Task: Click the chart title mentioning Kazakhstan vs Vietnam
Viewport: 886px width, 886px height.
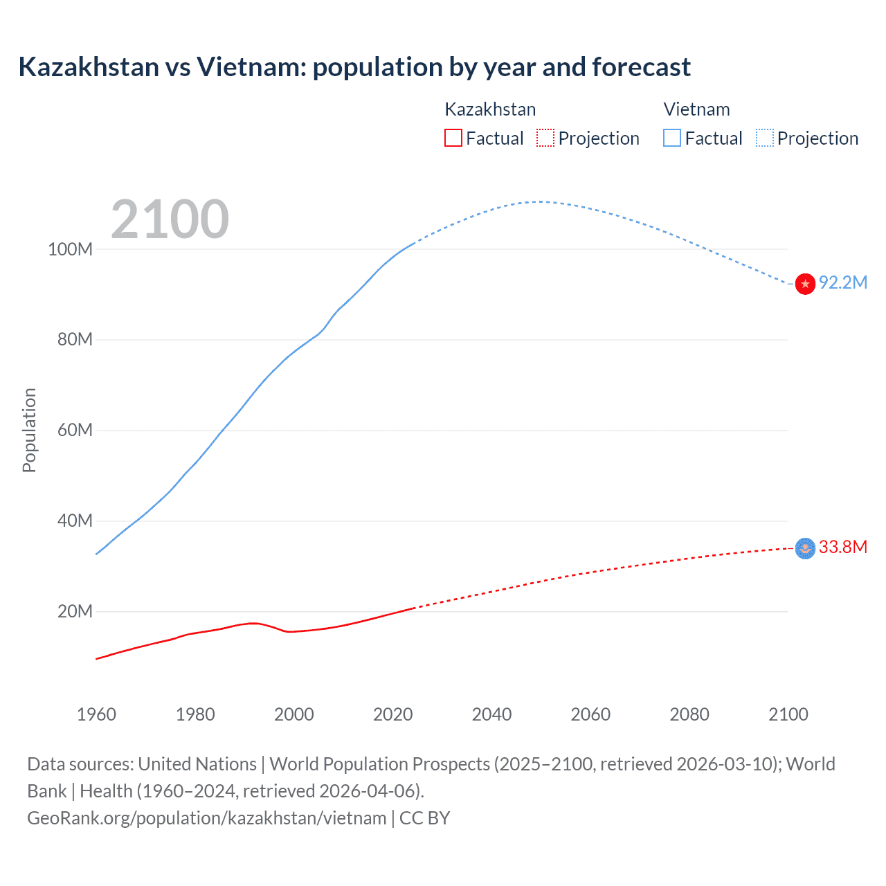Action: click(354, 67)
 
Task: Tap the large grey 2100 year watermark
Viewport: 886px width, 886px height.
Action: click(170, 219)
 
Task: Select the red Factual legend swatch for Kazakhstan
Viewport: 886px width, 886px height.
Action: click(453, 138)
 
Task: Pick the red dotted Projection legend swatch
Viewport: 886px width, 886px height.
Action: click(545, 138)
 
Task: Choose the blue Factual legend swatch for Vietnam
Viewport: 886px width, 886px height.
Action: click(671, 138)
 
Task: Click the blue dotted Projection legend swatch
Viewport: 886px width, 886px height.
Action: click(764, 138)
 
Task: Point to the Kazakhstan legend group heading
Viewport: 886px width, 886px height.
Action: click(490, 109)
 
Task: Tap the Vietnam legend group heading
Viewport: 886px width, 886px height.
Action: click(696, 109)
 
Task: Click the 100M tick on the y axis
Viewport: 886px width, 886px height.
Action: click(70, 249)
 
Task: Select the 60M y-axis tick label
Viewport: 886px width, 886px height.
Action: click(74, 430)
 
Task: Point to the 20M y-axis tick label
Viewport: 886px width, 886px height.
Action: click(74, 611)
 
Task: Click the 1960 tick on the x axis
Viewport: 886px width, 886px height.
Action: click(96, 714)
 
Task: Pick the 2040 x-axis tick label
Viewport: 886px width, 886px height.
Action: click(491, 714)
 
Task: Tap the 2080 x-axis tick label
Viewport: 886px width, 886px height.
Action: click(689, 714)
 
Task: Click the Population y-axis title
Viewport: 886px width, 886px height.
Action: click(29, 430)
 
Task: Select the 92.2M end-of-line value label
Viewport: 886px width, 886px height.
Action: click(842, 282)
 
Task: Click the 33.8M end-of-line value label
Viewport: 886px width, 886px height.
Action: click(842, 547)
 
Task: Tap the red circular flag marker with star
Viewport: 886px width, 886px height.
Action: click(805, 284)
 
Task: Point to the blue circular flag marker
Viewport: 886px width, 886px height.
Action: click(805, 548)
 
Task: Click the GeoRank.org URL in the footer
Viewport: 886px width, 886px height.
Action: click(206, 817)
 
